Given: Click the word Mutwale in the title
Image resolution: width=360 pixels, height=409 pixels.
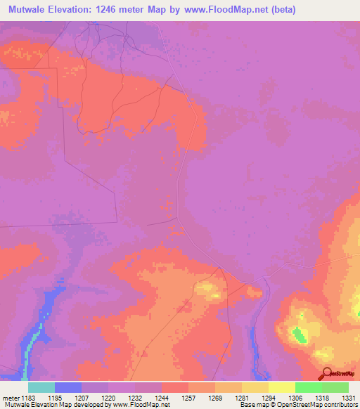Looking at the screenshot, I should pyautogui.click(x=29, y=10).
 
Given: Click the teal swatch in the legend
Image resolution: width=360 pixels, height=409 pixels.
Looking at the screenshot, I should pyautogui.click(x=41, y=387).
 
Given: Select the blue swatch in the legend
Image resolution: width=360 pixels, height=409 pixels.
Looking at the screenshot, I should pyautogui.click(x=68, y=387).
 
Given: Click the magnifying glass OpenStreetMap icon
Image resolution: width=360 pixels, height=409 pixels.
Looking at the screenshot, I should pyautogui.click(x=326, y=373).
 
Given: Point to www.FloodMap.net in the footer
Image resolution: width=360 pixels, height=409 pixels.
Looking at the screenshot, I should pyautogui.click(x=141, y=404).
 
